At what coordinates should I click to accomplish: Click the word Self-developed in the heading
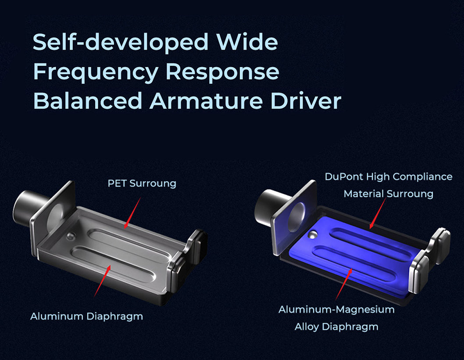tap(121, 42)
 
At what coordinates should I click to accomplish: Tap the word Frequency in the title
tap(96, 72)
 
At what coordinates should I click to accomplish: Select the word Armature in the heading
tap(206, 101)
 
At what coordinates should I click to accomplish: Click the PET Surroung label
tap(142, 184)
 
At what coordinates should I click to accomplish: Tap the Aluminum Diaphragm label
tap(87, 317)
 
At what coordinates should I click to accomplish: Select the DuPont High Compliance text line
tap(389, 177)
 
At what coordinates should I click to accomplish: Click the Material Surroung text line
tap(388, 194)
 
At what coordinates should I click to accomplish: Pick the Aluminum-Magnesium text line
tap(336, 310)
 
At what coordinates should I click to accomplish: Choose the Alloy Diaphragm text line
tap(336, 327)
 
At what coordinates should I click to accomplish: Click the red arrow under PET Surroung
tap(132, 213)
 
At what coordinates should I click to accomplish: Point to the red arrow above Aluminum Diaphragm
tap(102, 281)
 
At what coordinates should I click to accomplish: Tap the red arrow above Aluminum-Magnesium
tap(344, 284)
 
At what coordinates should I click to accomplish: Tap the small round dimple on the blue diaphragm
tap(313, 235)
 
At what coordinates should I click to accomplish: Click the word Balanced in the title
tap(88, 101)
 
